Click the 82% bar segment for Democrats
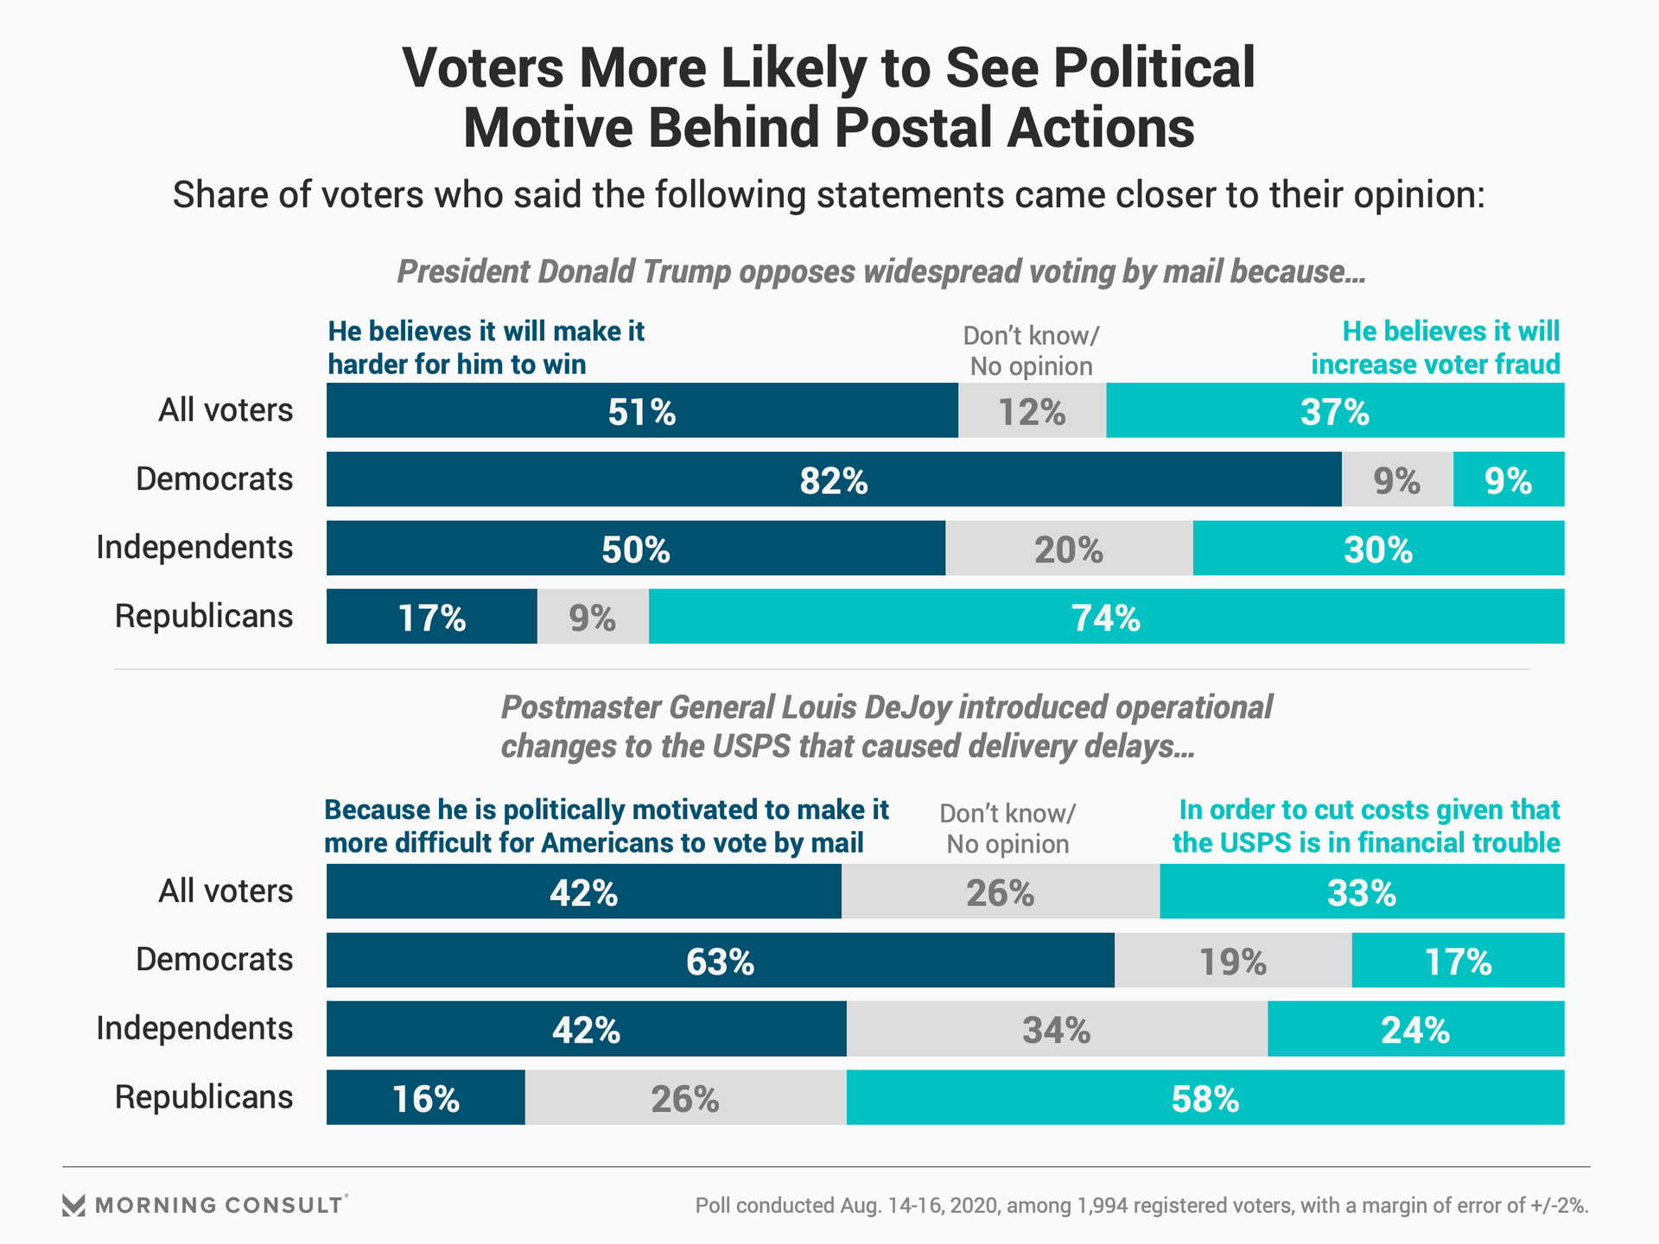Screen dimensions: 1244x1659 click(x=834, y=479)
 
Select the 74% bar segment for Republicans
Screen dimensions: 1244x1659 click(x=1106, y=617)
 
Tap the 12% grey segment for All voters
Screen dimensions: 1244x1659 click(x=1032, y=410)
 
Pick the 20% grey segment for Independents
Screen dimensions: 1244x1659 click(x=1069, y=548)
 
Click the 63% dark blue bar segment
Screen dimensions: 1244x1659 click(x=720, y=960)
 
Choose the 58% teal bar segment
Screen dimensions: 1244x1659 click(x=1205, y=1097)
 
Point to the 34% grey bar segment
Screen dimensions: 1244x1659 click(x=1057, y=1029)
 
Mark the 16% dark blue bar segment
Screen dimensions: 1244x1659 click(x=425, y=1097)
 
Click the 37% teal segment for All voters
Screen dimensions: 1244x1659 click(x=1335, y=410)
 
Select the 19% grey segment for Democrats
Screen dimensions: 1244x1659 click(x=1233, y=960)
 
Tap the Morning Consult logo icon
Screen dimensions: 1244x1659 click(x=74, y=1205)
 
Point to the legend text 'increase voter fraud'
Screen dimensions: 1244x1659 click(x=1435, y=365)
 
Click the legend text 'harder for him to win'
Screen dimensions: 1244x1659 click(x=457, y=365)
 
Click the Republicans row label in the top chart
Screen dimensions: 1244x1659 click(x=204, y=617)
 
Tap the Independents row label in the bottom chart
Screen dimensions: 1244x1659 click(x=194, y=1029)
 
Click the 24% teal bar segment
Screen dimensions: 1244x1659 click(x=1415, y=1029)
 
